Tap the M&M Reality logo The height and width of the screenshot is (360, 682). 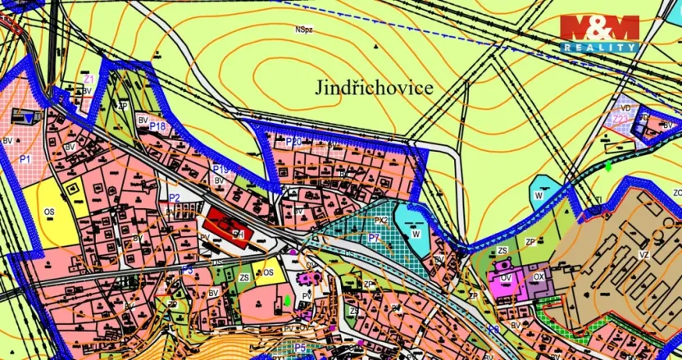click(x=599, y=34)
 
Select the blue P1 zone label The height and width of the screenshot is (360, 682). click(x=25, y=157)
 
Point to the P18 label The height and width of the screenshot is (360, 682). click(x=158, y=126)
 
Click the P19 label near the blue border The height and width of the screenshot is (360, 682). click(x=220, y=169)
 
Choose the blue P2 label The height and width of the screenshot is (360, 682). click(x=174, y=198)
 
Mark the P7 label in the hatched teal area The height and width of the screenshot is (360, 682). click(x=374, y=238)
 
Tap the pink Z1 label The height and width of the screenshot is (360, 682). click(x=89, y=79)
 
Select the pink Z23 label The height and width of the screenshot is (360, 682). click(x=621, y=120)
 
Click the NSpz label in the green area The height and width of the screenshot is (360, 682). click(x=305, y=30)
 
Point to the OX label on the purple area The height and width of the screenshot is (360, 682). click(x=539, y=277)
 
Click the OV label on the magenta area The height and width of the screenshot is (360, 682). click(x=507, y=277)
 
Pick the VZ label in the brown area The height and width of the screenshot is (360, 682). click(x=643, y=255)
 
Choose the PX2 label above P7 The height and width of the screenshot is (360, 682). click(x=380, y=221)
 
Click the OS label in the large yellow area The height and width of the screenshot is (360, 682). click(x=48, y=212)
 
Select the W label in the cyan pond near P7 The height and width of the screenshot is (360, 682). click(x=416, y=234)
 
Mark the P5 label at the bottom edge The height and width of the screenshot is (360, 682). click(x=301, y=349)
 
